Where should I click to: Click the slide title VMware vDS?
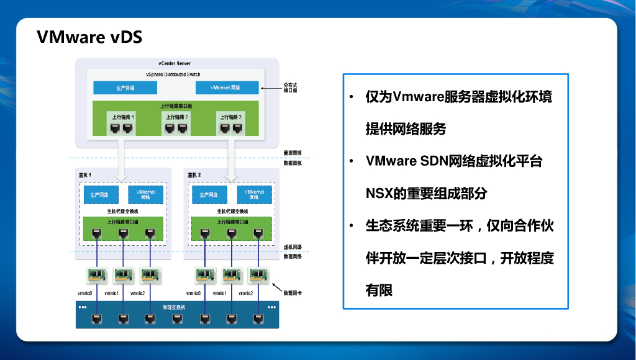tap(89, 37)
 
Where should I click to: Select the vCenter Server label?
tap(175, 64)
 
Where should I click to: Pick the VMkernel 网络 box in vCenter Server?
tap(227, 88)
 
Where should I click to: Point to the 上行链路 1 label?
tap(123, 116)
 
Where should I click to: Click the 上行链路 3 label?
tap(230, 116)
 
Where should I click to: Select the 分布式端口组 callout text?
tap(291, 88)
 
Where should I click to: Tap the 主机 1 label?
tap(85, 175)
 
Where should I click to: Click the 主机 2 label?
tap(194, 175)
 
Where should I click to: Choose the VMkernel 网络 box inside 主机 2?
tap(254, 194)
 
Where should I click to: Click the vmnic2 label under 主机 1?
tap(137, 293)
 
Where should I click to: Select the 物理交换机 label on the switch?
tap(174, 307)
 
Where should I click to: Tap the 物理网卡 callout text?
tap(293, 292)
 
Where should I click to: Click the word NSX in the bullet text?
tap(379, 193)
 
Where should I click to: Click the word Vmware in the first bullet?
tap(417, 97)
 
